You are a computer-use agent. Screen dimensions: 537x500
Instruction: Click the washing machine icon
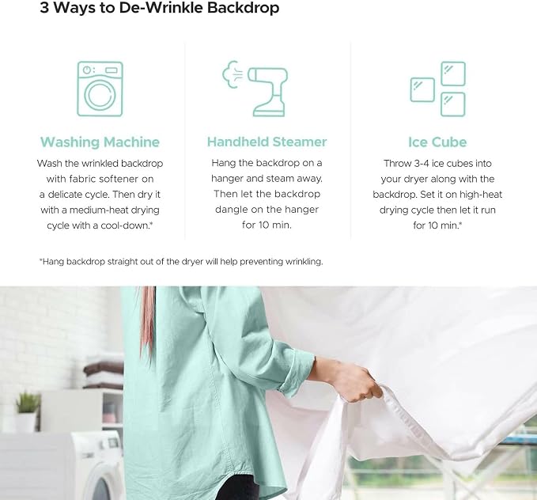(100, 89)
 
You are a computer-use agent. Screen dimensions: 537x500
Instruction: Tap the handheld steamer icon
(255, 89)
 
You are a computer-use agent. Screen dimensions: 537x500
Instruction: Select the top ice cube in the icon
(452, 74)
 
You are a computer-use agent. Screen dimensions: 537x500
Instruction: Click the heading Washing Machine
(100, 142)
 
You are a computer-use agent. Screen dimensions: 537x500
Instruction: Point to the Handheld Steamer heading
(267, 142)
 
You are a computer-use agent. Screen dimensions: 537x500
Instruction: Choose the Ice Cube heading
(437, 142)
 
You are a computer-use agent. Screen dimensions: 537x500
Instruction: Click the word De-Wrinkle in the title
(161, 8)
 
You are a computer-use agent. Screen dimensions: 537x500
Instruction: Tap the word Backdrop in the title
(243, 8)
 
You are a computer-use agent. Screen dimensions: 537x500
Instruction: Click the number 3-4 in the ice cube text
(422, 163)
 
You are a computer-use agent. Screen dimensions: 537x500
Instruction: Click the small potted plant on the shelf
(27, 411)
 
